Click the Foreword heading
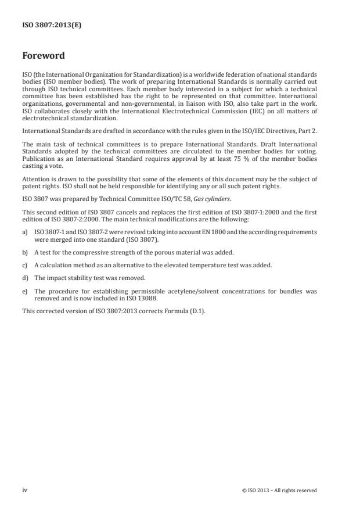(x=44, y=56)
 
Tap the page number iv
(x=25, y=490)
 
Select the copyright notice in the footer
(x=279, y=490)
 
